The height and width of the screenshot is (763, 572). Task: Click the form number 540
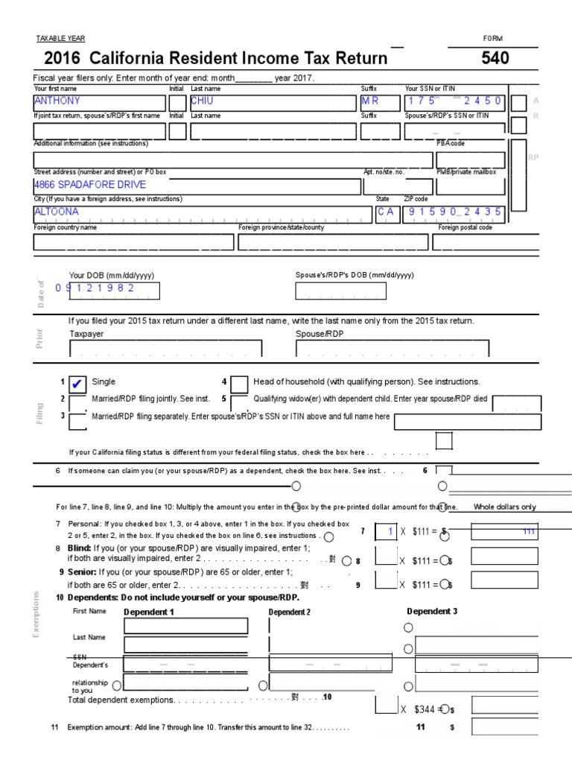tap(495, 58)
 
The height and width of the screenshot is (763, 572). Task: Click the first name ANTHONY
tap(57, 101)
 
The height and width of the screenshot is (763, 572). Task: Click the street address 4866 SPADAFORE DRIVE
tap(90, 185)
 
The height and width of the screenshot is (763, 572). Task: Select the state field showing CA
tap(385, 212)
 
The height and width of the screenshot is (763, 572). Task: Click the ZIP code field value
tap(454, 212)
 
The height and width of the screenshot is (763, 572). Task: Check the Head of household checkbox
tap(239, 384)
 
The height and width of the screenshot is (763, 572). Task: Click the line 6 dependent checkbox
tap(443, 471)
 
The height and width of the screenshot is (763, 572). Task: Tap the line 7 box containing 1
tap(386, 532)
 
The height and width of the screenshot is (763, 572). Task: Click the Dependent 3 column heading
tap(431, 612)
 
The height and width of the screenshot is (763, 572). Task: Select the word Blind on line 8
tap(79, 548)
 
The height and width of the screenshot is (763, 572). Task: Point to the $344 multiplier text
tap(425, 709)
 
